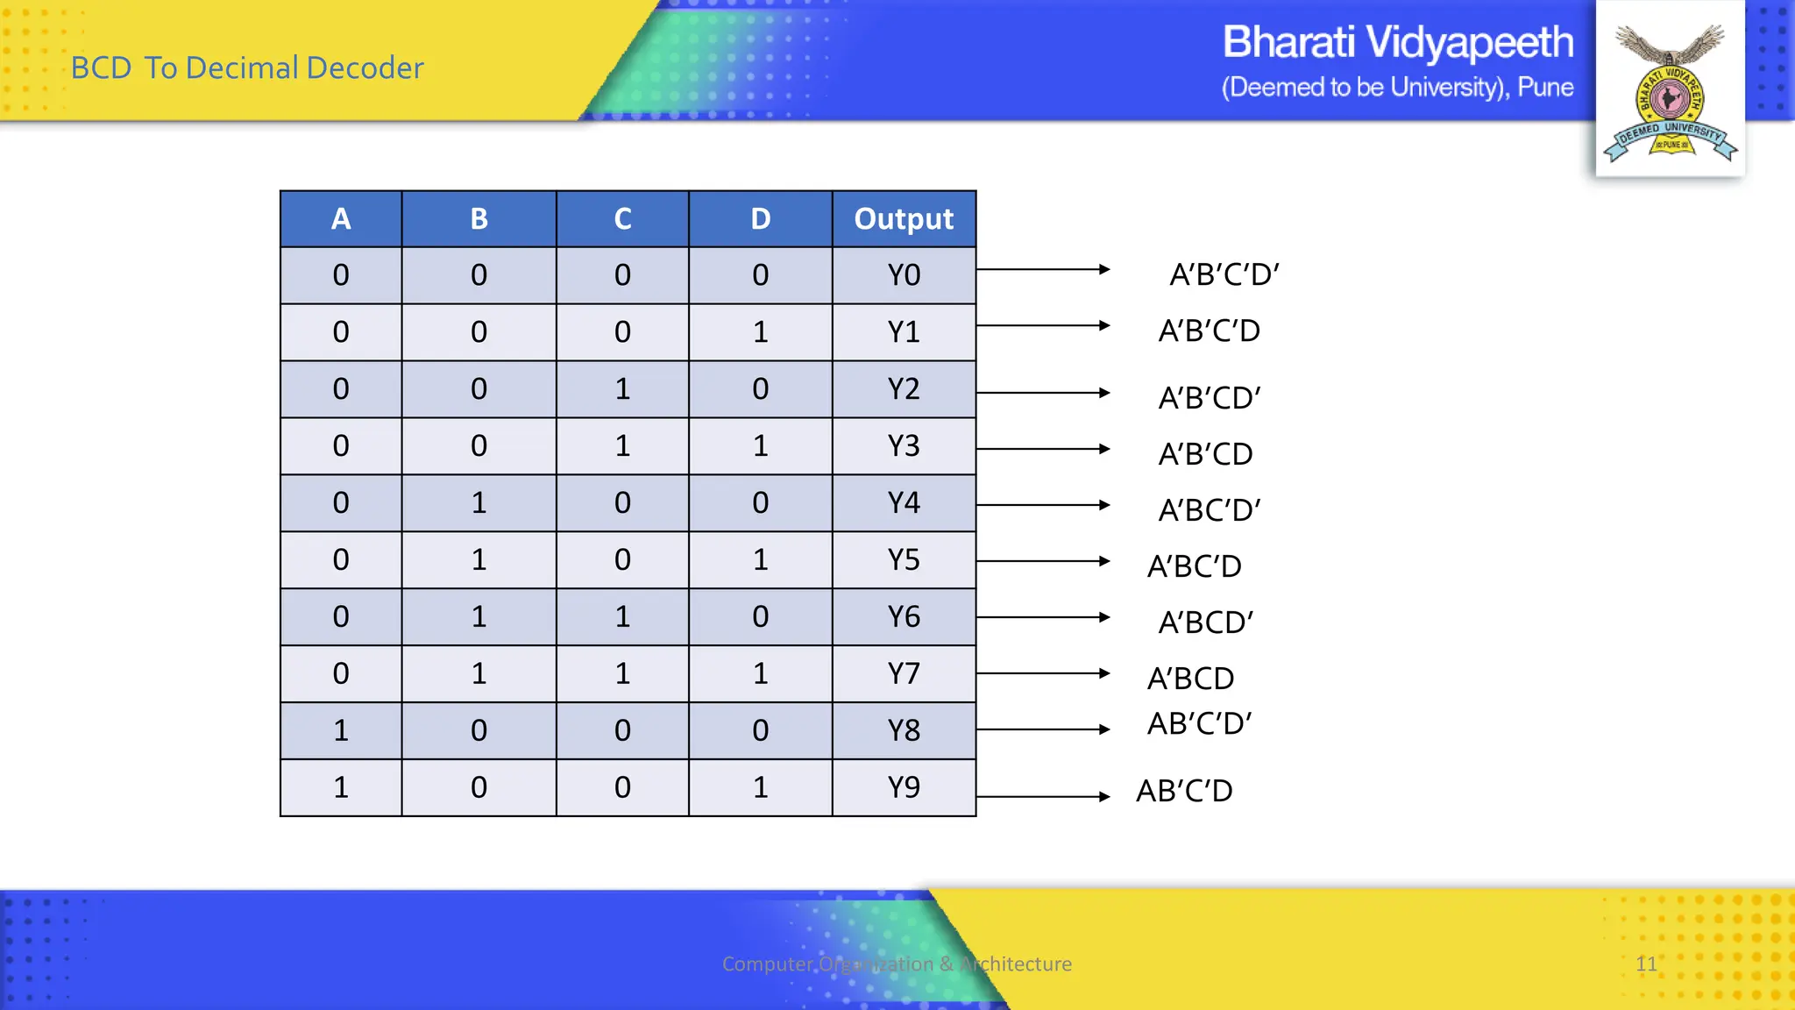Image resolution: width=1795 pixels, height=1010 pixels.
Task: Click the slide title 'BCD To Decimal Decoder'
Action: click(x=247, y=68)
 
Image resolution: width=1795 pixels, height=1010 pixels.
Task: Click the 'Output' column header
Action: click(x=904, y=219)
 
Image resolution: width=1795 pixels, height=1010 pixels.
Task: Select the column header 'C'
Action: click(x=622, y=219)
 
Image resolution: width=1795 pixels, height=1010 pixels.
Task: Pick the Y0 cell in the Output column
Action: click(x=904, y=275)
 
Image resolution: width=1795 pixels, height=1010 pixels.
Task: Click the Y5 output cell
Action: click(x=904, y=559)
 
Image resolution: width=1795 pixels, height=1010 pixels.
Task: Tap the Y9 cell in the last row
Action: click(x=904, y=787)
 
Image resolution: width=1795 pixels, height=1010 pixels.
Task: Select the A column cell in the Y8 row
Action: click(x=341, y=730)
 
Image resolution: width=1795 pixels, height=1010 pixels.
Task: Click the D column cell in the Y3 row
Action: click(x=760, y=446)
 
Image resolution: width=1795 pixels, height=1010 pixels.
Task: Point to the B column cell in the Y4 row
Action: click(x=479, y=503)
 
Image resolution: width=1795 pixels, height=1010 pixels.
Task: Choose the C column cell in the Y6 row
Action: click(x=622, y=616)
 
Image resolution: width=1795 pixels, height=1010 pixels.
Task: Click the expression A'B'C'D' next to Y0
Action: click(x=1224, y=274)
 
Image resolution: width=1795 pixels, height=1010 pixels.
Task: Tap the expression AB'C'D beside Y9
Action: click(x=1184, y=791)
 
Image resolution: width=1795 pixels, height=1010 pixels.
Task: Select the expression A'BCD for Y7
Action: click(x=1191, y=679)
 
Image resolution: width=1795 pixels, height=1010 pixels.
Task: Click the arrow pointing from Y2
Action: click(x=1043, y=393)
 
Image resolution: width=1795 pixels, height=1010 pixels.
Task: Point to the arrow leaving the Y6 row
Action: click(x=1043, y=617)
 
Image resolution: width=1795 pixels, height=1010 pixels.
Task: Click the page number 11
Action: click(x=1646, y=964)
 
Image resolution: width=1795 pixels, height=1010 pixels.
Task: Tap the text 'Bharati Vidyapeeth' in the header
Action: click(x=1397, y=42)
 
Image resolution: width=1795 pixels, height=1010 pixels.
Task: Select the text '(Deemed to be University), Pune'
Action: click(x=1397, y=88)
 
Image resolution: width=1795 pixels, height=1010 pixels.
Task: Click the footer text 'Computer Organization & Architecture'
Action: click(x=897, y=964)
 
